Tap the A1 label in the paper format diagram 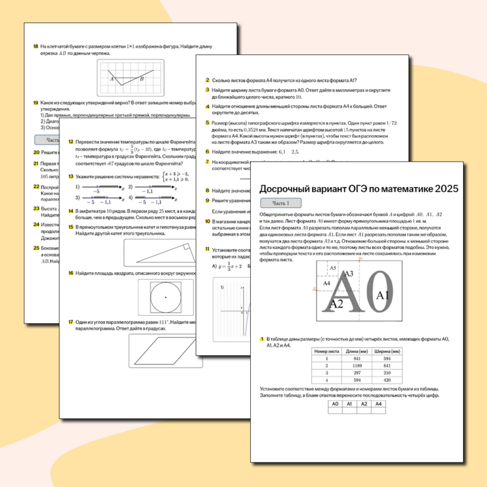[x=383, y=295]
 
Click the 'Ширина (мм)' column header [x=387, y=351]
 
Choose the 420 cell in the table [x=387, y=381]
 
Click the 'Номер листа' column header [x=323, y=351]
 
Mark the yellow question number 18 [x=35, y=46]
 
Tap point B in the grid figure [x=142, y=78]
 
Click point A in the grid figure [x=112, y=79]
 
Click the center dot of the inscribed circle [x=166, y=296]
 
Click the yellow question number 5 [x=208, y=122]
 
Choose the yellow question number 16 [x=71, y=273]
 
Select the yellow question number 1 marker [x=262, y=340]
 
